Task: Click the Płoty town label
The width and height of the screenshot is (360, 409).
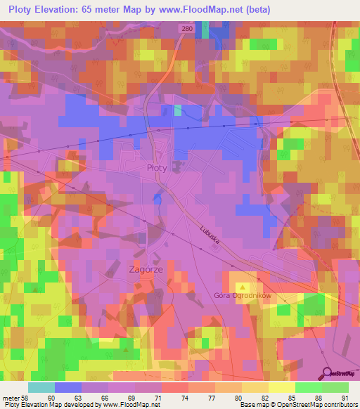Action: pyautogui.click(x=157, y=168)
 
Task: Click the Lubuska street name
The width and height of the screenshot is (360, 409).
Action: pyautogui.click(x=210, y=235)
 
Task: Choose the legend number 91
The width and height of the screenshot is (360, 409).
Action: pyautogui.click(x=345, y=397)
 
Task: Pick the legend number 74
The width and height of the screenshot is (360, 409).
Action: pyautogui.click(x=164, y=397)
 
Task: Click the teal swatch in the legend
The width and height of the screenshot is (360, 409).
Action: pyautogui.click(x=41, y=387)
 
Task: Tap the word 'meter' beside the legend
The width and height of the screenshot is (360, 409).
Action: pyautogui.click(x=12, y=397)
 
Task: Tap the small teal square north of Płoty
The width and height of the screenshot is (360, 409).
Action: pyautogui.click(x=178, y=110)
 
